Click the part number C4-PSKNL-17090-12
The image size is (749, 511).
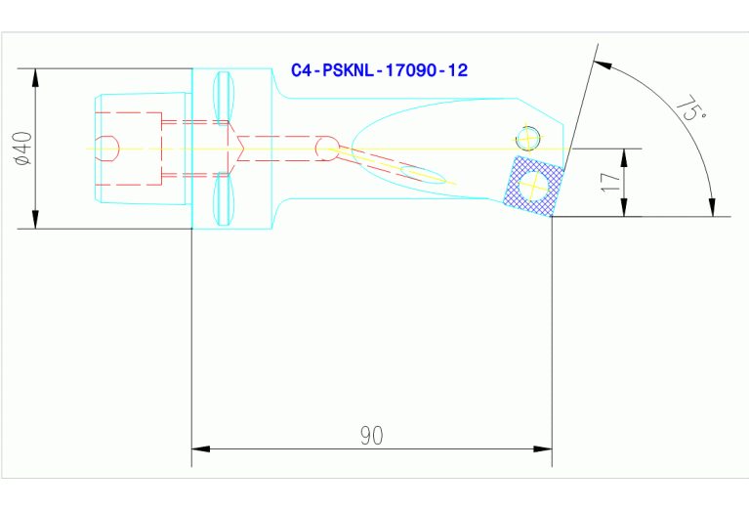(379, 70)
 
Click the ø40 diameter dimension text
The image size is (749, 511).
(23, 148)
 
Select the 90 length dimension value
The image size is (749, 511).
(370, 436)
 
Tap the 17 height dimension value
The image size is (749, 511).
(610, 182)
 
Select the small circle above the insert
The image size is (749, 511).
(529, 137)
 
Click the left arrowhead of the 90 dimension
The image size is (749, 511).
(199, 449)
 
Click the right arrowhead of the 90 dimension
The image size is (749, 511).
(544, 449)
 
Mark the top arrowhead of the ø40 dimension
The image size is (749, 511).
(36, 76)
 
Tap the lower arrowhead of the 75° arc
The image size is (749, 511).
(713, 208)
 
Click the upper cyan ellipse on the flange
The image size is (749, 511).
(224, 97)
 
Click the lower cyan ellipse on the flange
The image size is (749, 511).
(224, 199)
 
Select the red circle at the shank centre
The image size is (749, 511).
(326, 149)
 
